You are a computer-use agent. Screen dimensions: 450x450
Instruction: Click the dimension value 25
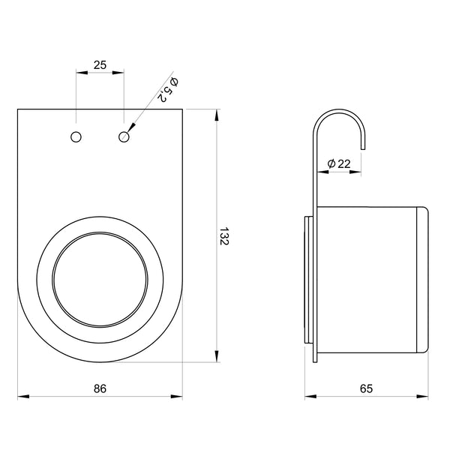pyautogui.click(x=100, y=65)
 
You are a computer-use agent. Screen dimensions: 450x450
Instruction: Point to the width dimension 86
pyautogui.click(x=100, y=388)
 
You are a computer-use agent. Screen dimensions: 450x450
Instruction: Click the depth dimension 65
pyautogui.click(x=367, y=388)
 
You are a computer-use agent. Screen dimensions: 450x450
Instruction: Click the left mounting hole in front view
pyautogui.click(x=76, y=136)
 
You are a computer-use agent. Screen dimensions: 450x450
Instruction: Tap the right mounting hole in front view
pyautogui.click(x=124, y=136)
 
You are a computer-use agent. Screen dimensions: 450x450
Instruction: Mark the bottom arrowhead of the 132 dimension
pyautogui.click(x=217, y=358)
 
